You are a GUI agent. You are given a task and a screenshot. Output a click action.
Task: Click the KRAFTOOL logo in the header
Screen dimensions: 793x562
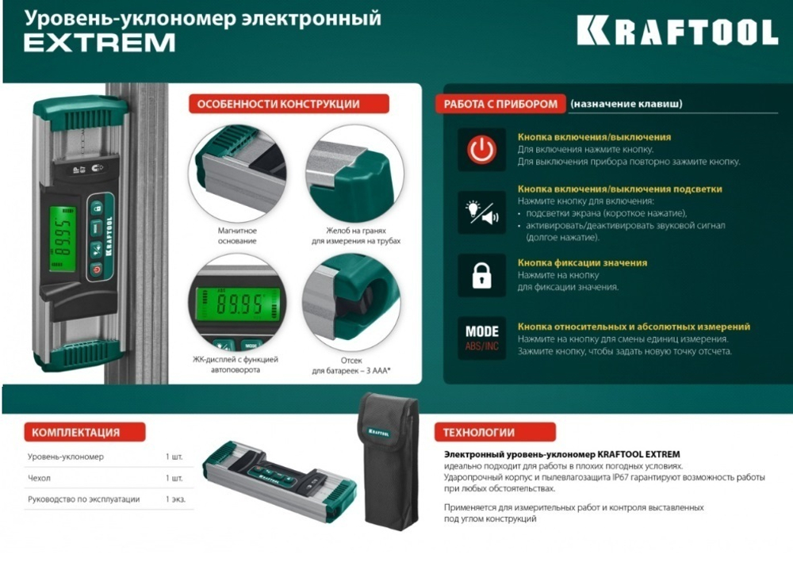[677, 32]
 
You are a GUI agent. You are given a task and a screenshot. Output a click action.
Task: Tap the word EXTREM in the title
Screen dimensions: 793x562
[100, 43]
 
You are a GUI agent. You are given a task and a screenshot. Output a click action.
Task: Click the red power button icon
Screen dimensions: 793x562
[481, 150]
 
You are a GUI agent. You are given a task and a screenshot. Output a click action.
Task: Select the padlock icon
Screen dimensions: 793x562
[481, 275]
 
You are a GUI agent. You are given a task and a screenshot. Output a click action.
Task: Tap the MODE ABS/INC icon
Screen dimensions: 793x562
[481, 338]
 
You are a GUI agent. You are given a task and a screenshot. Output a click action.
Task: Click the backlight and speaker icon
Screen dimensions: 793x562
[481, 212]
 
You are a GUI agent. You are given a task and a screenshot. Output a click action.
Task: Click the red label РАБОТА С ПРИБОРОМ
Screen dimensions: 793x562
[500, 104]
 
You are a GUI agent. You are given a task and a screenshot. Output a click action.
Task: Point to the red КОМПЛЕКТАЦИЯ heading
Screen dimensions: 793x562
[85, 432]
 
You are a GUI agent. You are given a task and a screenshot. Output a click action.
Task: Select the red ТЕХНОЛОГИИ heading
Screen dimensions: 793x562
[495, 432]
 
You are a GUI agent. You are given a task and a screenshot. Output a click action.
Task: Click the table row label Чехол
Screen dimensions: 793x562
[39, 478]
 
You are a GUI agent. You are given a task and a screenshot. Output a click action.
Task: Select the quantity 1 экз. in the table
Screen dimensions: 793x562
[175, 499]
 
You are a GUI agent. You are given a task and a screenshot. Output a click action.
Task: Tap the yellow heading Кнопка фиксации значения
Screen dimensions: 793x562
[582, 263]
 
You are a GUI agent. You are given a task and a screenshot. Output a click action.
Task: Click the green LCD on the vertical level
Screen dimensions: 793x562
[63, 238]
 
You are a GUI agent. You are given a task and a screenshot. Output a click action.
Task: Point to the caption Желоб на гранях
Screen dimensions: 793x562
[356, 231]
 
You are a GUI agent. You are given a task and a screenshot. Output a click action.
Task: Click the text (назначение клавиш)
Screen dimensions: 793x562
[626, 104]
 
